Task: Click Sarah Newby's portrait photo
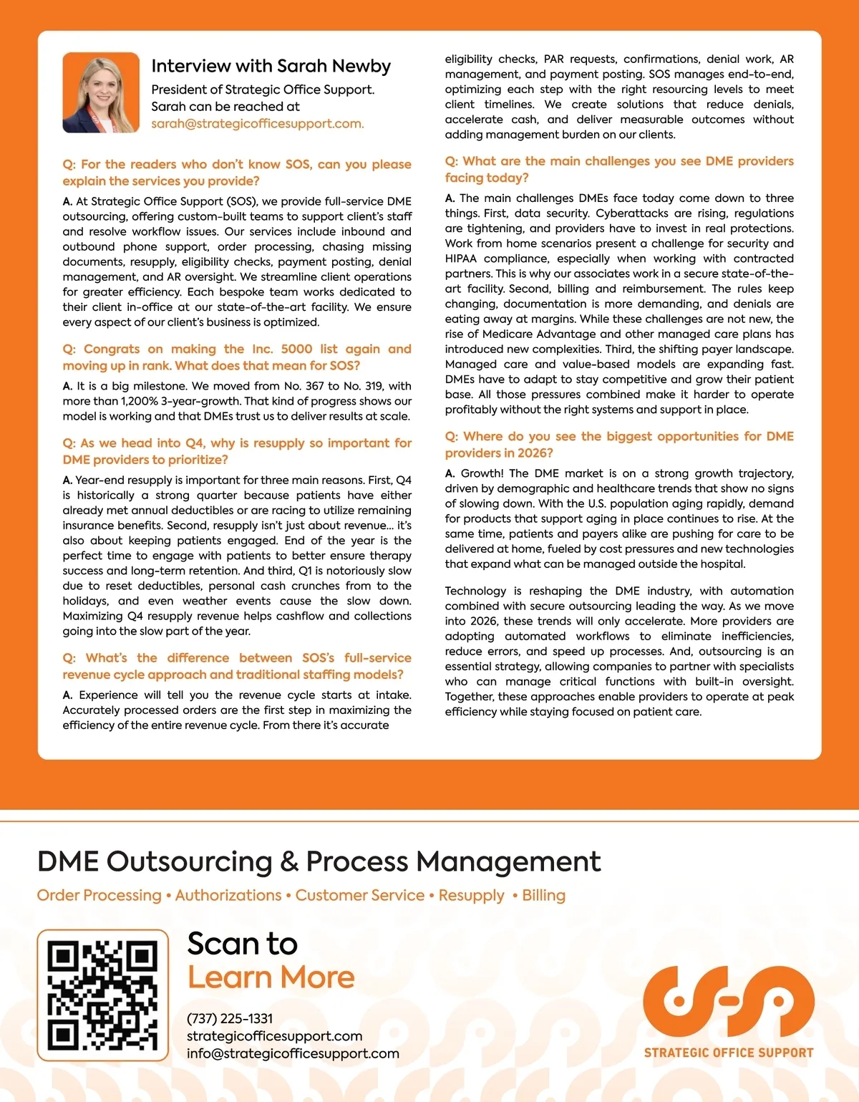pyautogui.click(x=101, y=92)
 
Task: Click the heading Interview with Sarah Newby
pyautogui.click(x=271, y=67)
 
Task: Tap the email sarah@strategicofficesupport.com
pyautogui.click(x=257, y=123)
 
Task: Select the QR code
pyautogui.click(x=102, y=995)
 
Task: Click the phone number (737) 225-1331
pyautogui.click(x=229, y=1018)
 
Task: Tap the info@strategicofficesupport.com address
pyautogui.click(x=293, y=1053)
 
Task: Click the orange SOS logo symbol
pyautogui.click(x=728, y=1002)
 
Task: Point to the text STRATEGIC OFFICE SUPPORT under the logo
pyautogui.click(x=728, y=1053)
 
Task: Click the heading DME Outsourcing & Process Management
pyautogui.click(x=319, y=861)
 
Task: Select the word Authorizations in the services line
pyautogui.click(x=228, y=895)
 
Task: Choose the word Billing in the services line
pyautogui.click(x=543, y=895)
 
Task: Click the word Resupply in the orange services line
pyautogui.click(x=471, y=895)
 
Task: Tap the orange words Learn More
pyautogui.click(x=271, y=977)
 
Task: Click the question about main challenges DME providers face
pyautogui.click(x=618, y=169)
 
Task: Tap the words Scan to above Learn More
pyautogui.click(x=242, y=944)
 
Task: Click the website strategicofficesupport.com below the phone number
pyautogui.click(x=274, y=1036)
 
